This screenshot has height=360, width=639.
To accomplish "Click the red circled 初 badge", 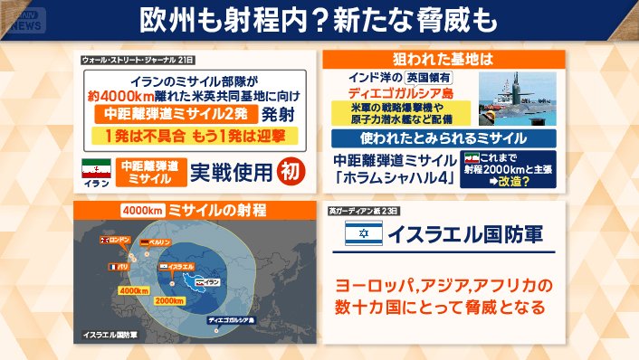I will tap(287, 169).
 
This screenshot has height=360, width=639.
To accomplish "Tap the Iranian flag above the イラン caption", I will tap(97, 170).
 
